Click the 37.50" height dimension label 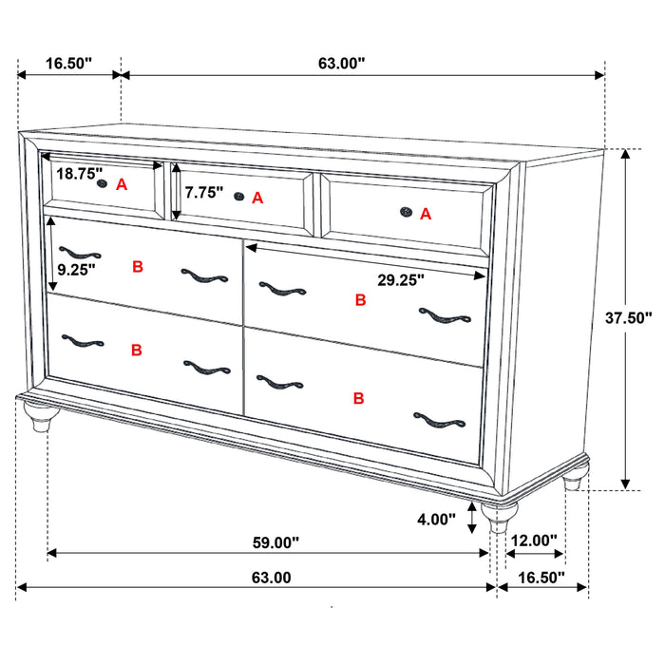coord(630,319)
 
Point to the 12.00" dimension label coord(533,541)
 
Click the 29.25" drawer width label coord(400,279)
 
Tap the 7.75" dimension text coord(204,192)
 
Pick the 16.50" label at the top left coord(68,64)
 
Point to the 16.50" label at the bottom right coord(541,577)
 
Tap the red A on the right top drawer coord(426,215)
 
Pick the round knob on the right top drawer coord(406,213)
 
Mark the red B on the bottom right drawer coord(359,398)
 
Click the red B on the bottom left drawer coord(137,350)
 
